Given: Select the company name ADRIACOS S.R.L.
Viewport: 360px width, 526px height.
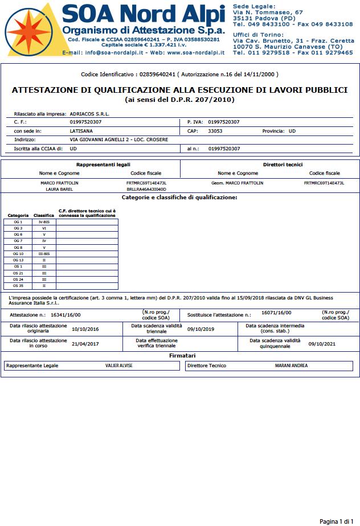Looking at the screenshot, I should [89, 113].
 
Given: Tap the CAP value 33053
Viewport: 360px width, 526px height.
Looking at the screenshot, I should [215, 131].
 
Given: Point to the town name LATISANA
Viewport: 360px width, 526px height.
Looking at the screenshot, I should [81, 131].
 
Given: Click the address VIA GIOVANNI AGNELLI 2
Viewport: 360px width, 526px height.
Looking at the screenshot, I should [108, 139].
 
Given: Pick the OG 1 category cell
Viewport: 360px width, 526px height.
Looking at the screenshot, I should [18, 221].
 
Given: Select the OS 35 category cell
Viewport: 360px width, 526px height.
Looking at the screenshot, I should [18, 286].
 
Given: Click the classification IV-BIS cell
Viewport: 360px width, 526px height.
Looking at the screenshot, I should [44, 221].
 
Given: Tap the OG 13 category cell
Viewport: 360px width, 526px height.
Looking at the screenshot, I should [18, 260].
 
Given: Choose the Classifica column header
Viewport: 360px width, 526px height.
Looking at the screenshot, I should [44, 216].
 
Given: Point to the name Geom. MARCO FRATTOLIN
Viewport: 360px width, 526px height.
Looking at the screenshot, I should [238, 183].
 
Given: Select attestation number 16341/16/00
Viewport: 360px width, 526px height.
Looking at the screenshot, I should [66, 314].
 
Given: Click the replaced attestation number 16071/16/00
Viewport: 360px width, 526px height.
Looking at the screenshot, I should [276, 313].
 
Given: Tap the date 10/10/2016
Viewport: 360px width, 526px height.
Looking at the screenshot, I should [85, 329].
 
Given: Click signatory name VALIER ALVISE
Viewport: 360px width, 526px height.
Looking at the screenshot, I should [119, 365].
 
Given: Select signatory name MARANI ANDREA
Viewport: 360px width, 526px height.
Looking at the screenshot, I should [292, 365].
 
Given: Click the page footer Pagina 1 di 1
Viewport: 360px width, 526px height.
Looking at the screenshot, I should [337, 521].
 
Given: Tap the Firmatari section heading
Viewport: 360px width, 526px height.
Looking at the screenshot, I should [180, 355].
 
